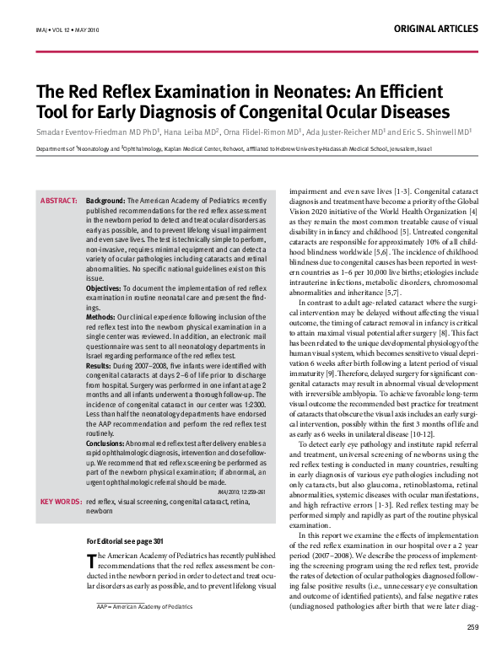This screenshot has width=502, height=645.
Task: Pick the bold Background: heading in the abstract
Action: [x=106, y=201]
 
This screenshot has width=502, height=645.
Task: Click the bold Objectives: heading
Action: [x=104, y=288]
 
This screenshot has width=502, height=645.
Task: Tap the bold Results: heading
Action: [x=100, y=367]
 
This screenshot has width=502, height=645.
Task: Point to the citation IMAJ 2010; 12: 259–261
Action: [x=241, y=491]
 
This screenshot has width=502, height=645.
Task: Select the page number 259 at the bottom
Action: [x=472, y=626]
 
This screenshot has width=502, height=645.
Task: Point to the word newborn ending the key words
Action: [x=100, y=511]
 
